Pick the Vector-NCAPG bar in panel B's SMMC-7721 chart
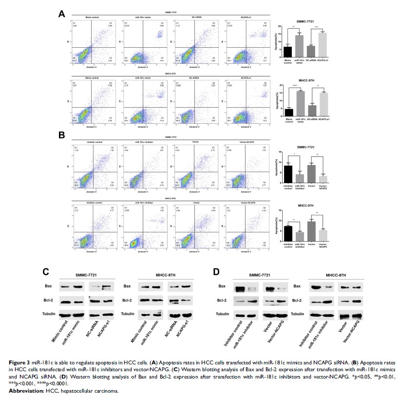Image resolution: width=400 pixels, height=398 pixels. (x=322, y=178)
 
